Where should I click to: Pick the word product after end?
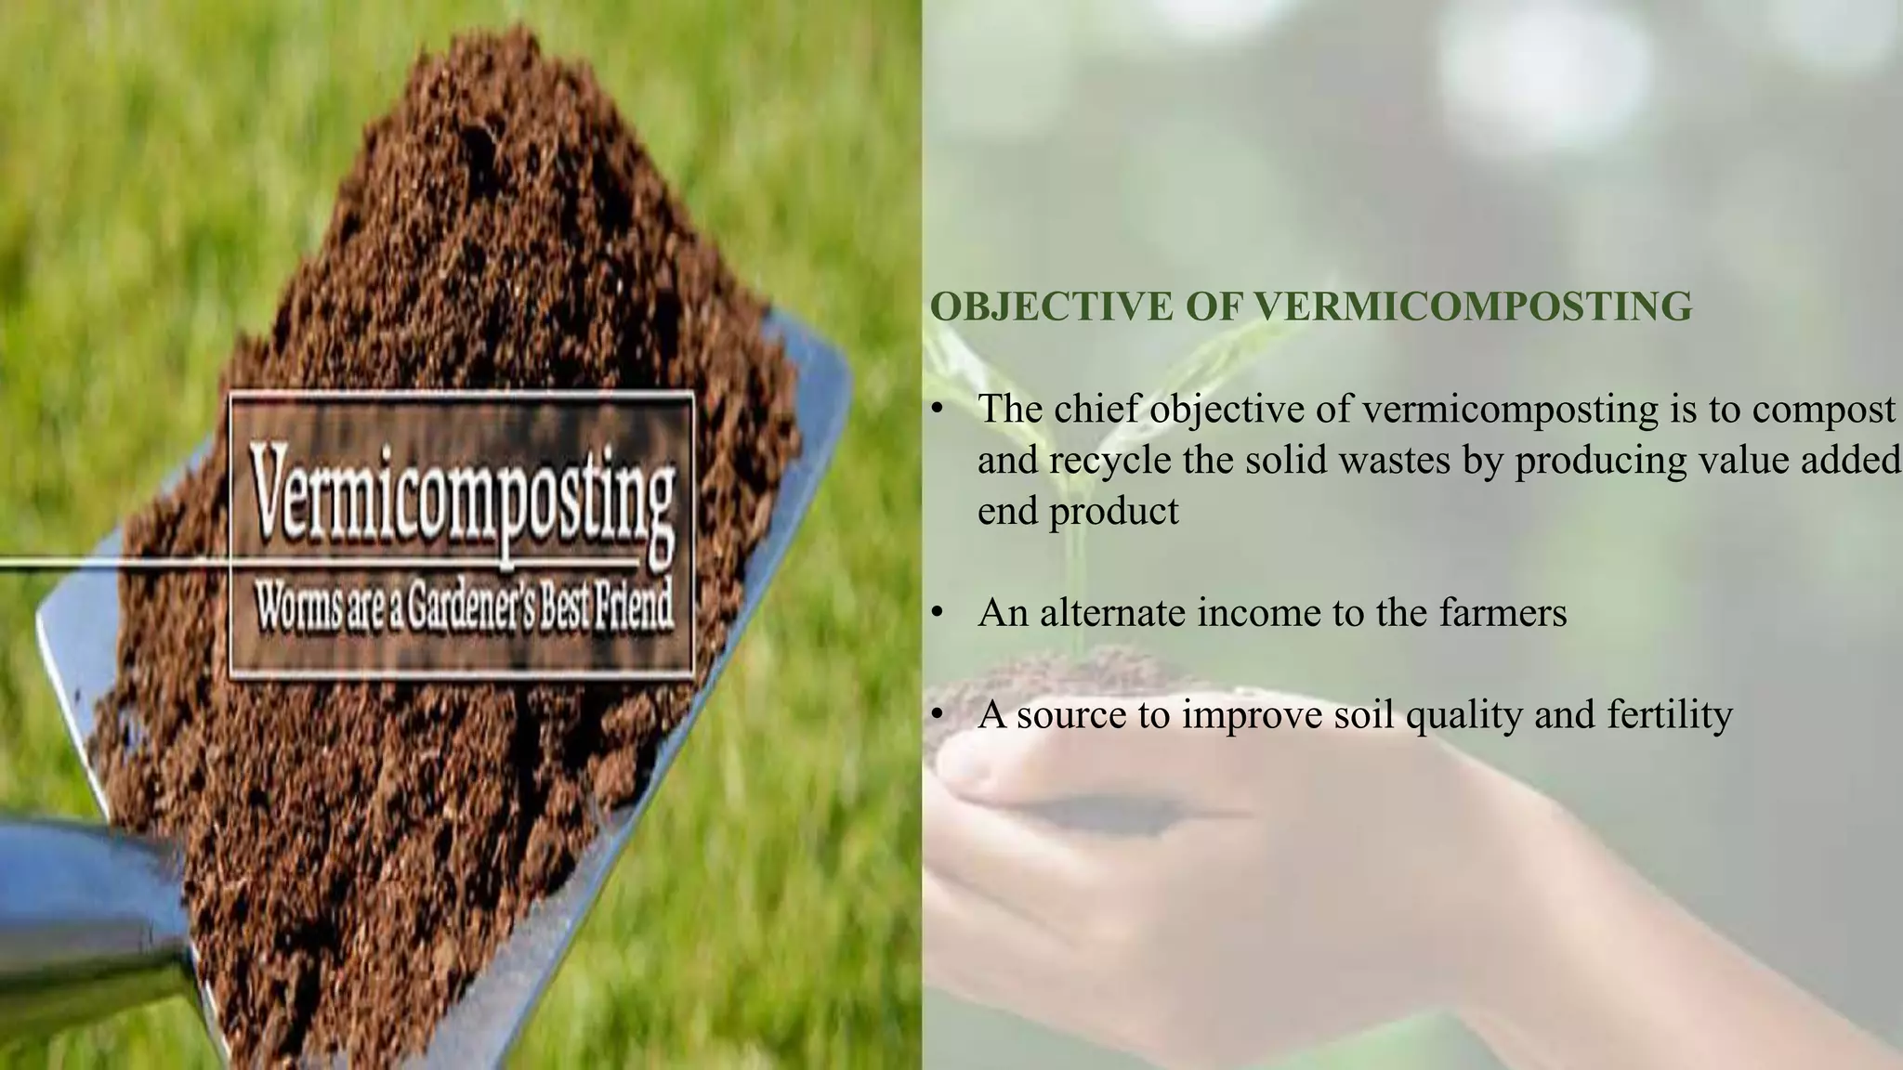point(1113,512)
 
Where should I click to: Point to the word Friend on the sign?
point(632,608)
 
